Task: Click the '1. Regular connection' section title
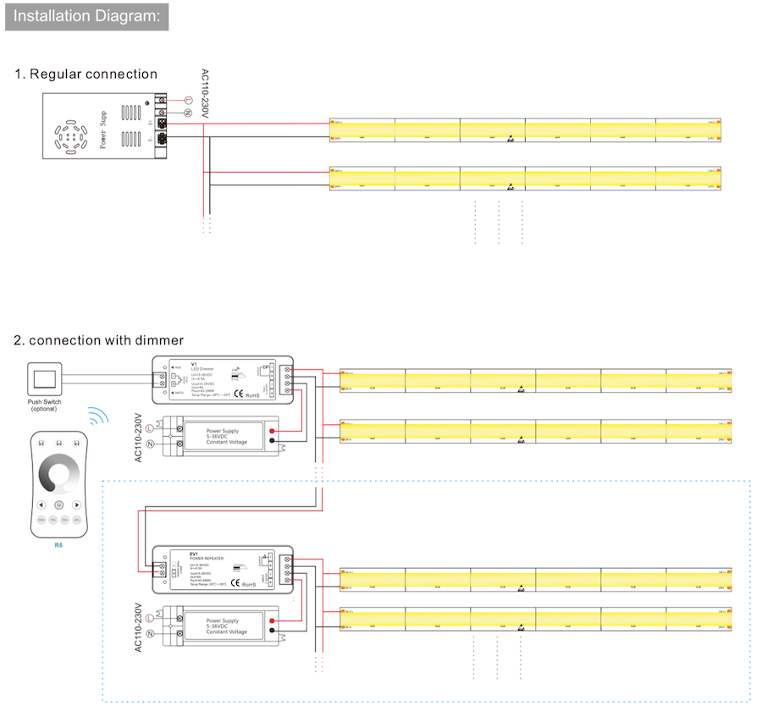point(86,74)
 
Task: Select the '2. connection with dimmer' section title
point(99,340)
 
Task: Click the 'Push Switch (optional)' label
point(46,405)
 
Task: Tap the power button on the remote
point(58,504)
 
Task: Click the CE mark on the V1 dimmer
point(240,393)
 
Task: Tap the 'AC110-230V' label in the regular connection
point(203,93)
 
